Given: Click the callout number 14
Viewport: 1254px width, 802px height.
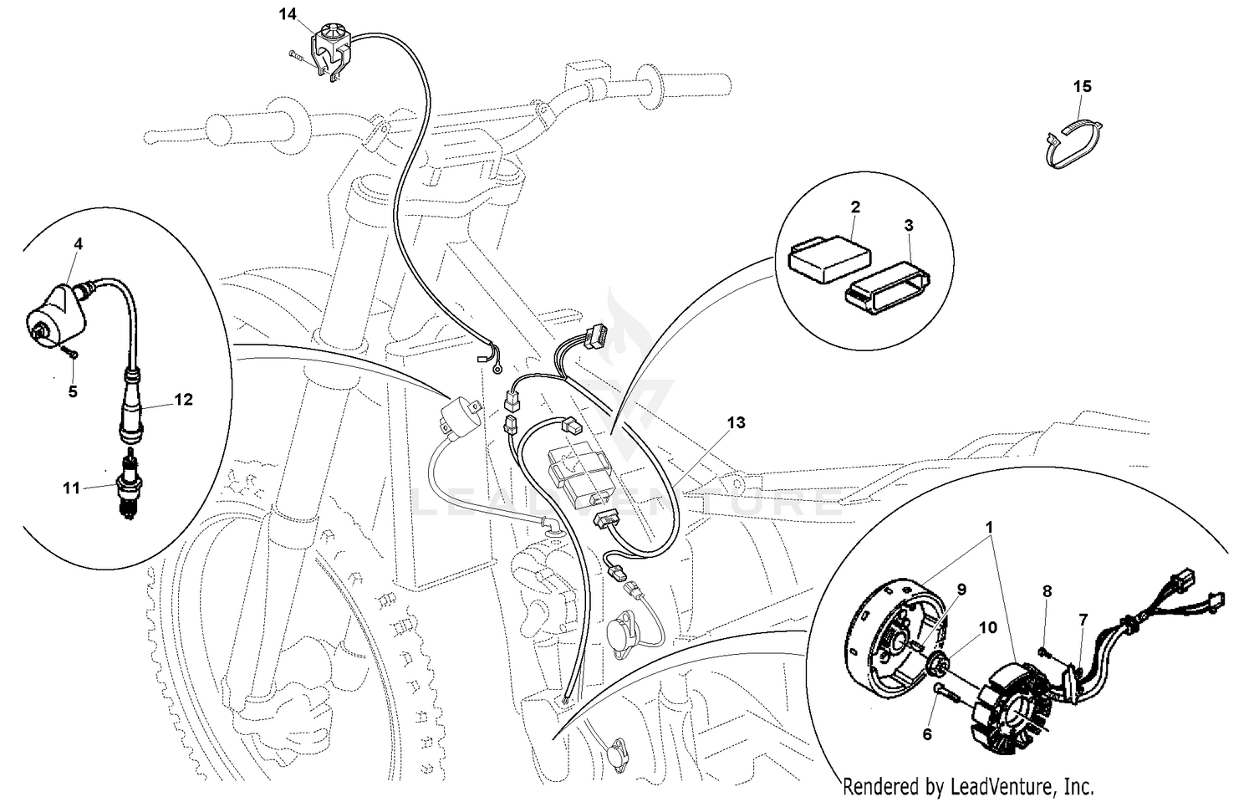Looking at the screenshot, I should click(x=287, y=13).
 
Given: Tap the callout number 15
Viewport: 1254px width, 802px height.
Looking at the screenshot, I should click(x=1082, y=86).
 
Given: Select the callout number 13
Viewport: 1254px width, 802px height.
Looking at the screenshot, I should click(x=735, y=423).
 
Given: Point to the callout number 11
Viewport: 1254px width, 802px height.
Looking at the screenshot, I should click(x=71, y=487).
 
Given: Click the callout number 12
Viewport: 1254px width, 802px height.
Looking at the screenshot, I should click(x=183, y=400).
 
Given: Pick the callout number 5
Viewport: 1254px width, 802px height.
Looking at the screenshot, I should click(x=73, y=391).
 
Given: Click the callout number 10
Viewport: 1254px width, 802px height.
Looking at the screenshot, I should click(x=987, y=627).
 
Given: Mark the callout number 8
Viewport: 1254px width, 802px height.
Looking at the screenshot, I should click(x=1047, y=591).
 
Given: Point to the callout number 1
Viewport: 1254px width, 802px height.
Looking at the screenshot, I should click(x=989, y=528).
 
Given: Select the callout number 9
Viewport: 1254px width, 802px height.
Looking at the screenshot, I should click(x=961, y=590).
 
